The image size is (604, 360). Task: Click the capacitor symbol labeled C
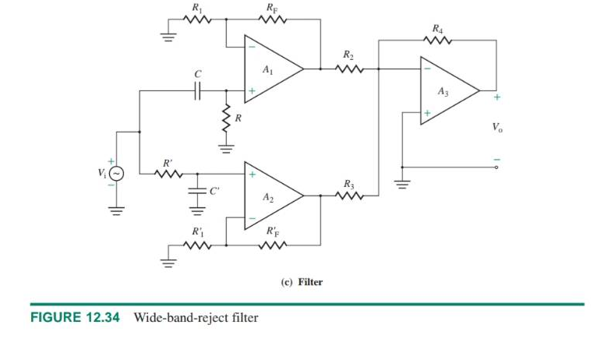point(198,91)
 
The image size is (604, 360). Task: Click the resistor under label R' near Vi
point(167,174)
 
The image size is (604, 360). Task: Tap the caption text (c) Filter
point(301,282)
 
